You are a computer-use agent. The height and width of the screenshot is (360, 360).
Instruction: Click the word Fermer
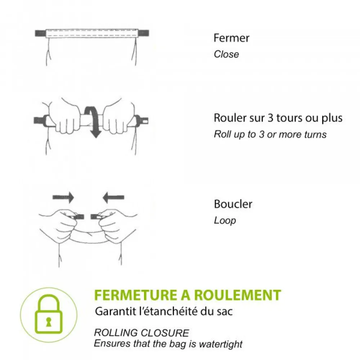coord(231,38)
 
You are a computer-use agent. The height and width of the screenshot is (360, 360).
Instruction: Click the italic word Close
coord(226,54)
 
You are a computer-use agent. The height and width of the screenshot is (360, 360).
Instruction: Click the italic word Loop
coord(225,220)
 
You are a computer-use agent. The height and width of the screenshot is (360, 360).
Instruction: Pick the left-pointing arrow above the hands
coord(113,197)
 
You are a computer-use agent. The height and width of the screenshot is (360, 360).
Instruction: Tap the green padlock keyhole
coord(48,322)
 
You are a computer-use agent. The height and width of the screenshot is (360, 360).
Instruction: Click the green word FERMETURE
coord(135,295)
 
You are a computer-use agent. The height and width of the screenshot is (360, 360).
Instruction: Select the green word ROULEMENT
coord(238,295)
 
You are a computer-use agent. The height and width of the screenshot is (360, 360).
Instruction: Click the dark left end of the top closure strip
coord(40,34)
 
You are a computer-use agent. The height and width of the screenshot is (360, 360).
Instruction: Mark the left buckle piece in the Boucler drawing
coord(79,217)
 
